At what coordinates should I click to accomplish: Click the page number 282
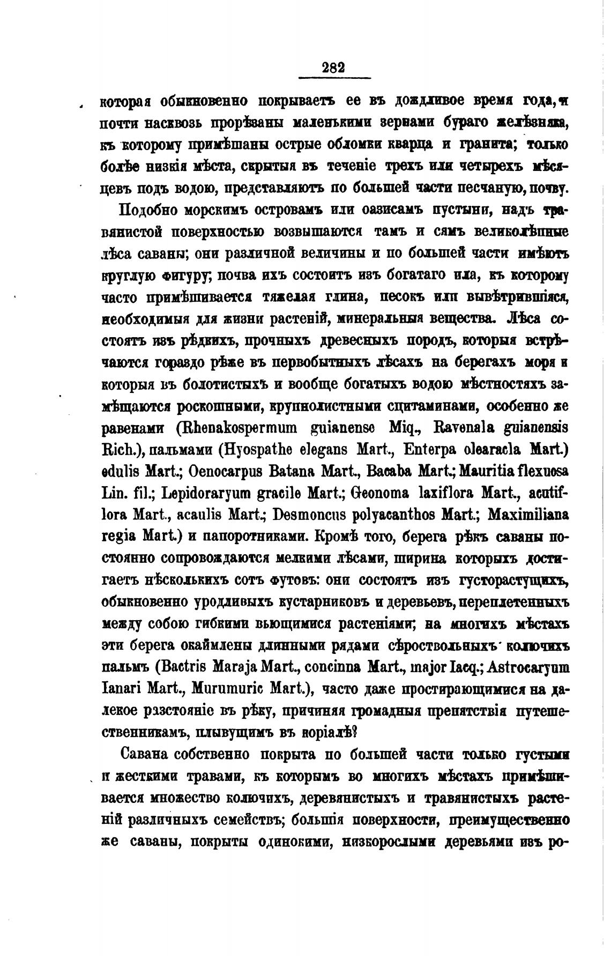pos(333,68)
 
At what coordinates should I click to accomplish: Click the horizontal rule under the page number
pos(333,79)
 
